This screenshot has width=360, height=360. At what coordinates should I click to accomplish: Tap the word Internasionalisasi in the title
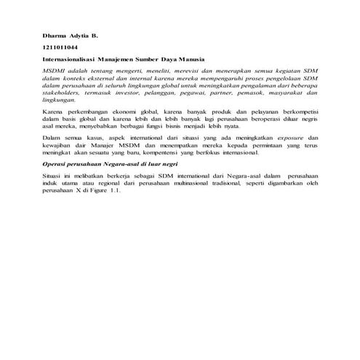tap(65, 58)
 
